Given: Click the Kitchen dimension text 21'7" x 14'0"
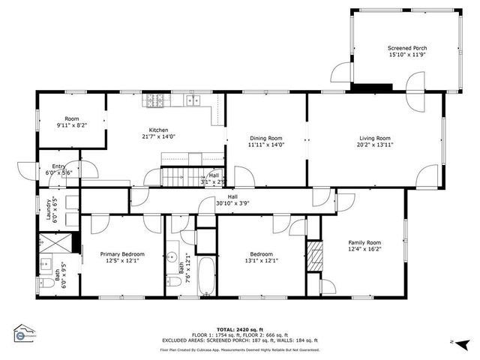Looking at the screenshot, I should (x=157, y=137).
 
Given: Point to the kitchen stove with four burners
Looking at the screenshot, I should (x=155, y=99).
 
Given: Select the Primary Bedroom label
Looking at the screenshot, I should (x=122, y=254).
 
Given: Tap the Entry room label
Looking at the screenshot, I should (x=58, y=166).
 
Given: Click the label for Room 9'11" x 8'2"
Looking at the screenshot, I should (x=72, y=118).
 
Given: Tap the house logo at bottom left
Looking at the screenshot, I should (x=25, y=332).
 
